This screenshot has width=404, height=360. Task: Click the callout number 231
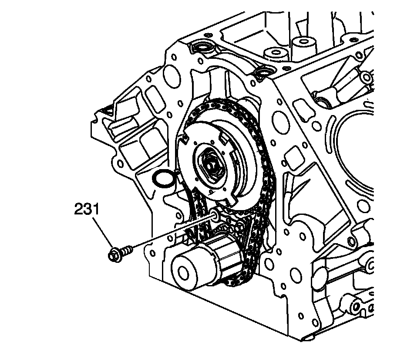(87, 210)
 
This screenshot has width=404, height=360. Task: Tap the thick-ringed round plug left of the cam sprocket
(162, 180)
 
